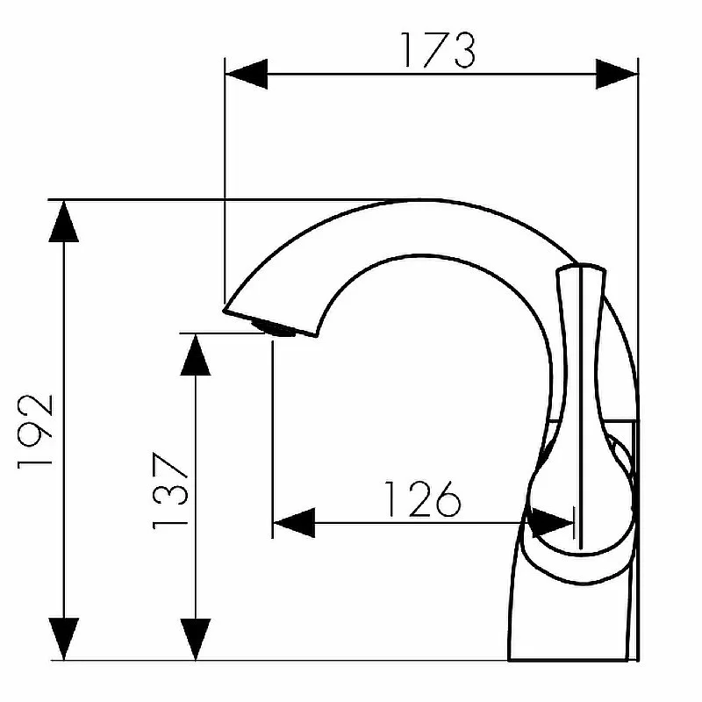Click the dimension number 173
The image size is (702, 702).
coord(438,50)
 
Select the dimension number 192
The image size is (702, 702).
coord(35,432)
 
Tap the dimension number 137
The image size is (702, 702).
coord(170,491)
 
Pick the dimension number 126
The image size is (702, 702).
coord(422,498)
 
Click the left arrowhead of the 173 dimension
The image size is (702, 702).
coord(247,74)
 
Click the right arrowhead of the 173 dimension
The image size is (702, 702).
coord(617,74)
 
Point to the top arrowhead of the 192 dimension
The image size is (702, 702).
coord(63,222)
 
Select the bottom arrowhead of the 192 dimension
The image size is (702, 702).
coord(63,639)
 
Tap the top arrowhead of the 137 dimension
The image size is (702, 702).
coord(195,355)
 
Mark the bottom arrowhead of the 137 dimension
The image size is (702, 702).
coord(195,639)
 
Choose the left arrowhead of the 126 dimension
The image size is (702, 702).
coord(294,522)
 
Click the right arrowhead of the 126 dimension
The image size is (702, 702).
coord(553,522)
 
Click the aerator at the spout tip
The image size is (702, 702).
coord(274,328)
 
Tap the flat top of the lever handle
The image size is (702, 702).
coord(581,269)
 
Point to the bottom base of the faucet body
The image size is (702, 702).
coord(568,659)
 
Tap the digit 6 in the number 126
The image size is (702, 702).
coord(447,499)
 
